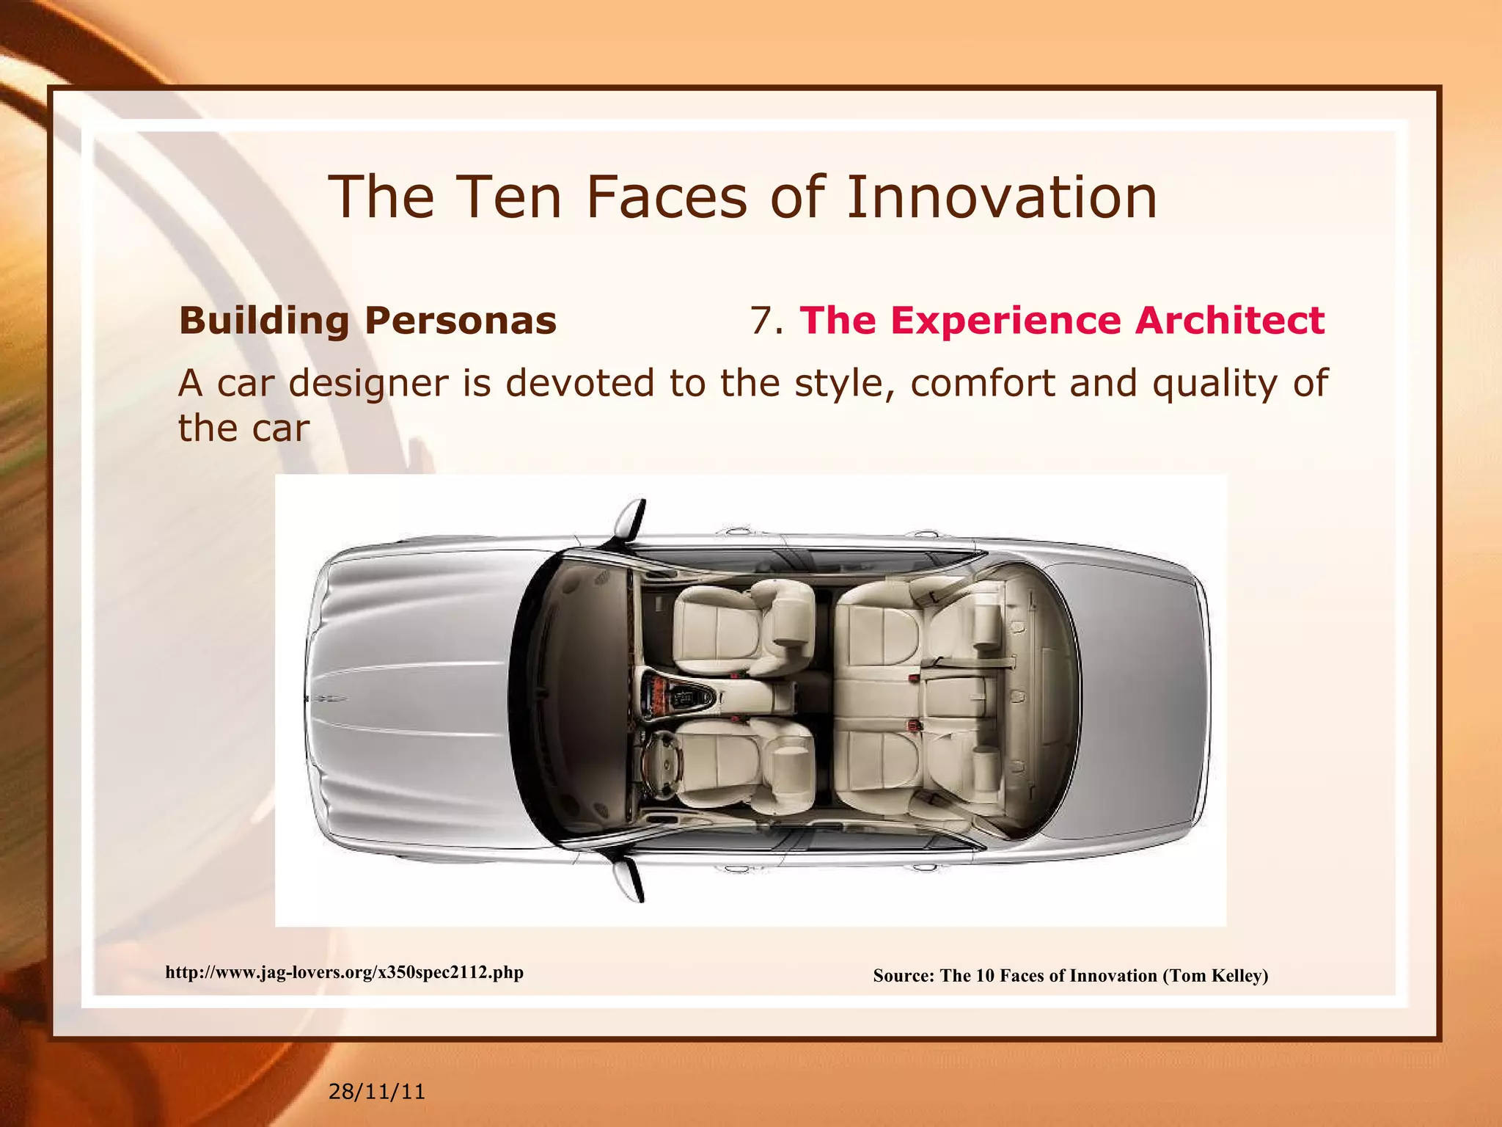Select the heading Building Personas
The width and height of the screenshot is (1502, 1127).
367,321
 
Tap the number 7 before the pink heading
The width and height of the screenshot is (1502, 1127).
763,321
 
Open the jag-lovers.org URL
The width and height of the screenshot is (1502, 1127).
344,973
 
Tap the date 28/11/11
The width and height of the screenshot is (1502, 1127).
376,1092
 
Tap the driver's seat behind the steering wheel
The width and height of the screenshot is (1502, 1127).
741,763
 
